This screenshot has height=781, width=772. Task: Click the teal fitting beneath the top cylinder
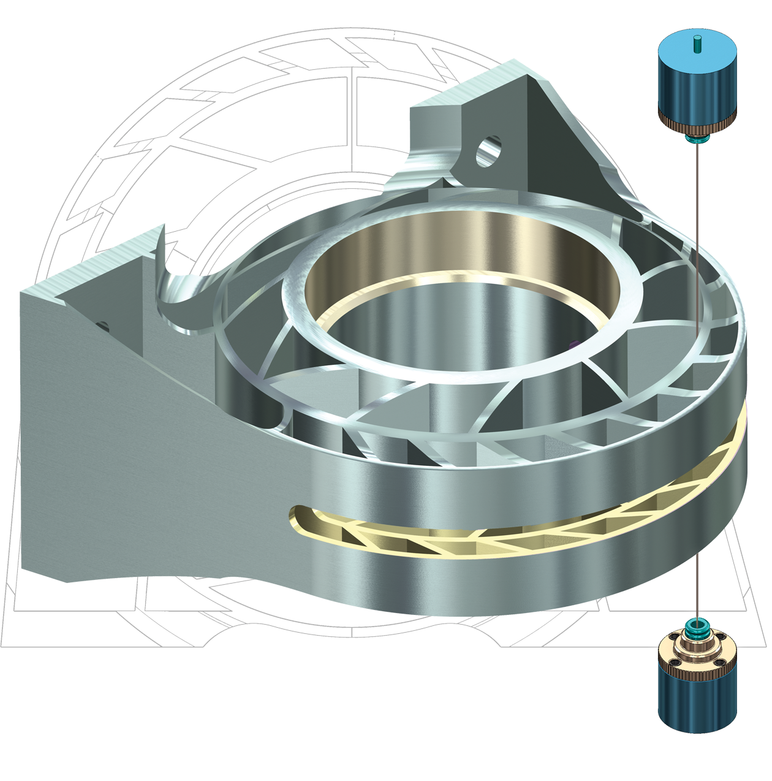[x=697, y=139]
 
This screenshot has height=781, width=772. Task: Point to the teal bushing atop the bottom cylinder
[x=697, y=627]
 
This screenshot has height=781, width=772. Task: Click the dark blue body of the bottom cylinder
[x=697, y=705]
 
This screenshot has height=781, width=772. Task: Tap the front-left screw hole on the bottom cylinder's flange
[x=675, y=663]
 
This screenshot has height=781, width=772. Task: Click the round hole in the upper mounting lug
[x=488, y=151]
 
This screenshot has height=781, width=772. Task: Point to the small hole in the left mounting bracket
[x=103, y=324]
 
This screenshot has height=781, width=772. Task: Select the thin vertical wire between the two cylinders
[x=697, y=368]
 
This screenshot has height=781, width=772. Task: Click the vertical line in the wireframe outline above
[x=353, y=110]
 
